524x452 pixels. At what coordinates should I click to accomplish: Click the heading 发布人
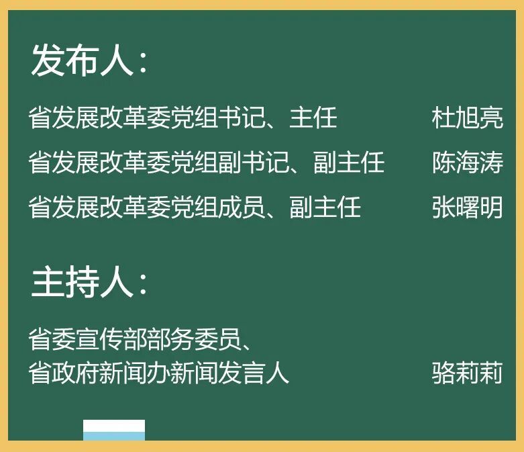(83, 60)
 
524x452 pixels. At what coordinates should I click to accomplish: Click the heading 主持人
(83, 282)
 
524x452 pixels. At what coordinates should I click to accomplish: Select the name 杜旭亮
(467, 118)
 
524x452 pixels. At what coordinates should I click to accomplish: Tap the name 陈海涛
(467, 163)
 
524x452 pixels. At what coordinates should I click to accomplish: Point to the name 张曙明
(467, 207)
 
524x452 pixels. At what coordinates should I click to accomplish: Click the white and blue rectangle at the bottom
(114, 430)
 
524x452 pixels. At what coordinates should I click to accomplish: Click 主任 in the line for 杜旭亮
(313, 118)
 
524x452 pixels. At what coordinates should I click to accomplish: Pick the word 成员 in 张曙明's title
(242, 207)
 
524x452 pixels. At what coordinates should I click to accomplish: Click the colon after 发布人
(144, 63)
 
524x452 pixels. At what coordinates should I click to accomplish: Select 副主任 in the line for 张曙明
(325, 207)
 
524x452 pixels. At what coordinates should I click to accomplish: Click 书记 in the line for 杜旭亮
(242, 118)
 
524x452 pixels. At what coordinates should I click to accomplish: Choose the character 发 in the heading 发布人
(48, 60)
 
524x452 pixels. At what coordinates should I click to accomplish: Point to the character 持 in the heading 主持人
(83, 282)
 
